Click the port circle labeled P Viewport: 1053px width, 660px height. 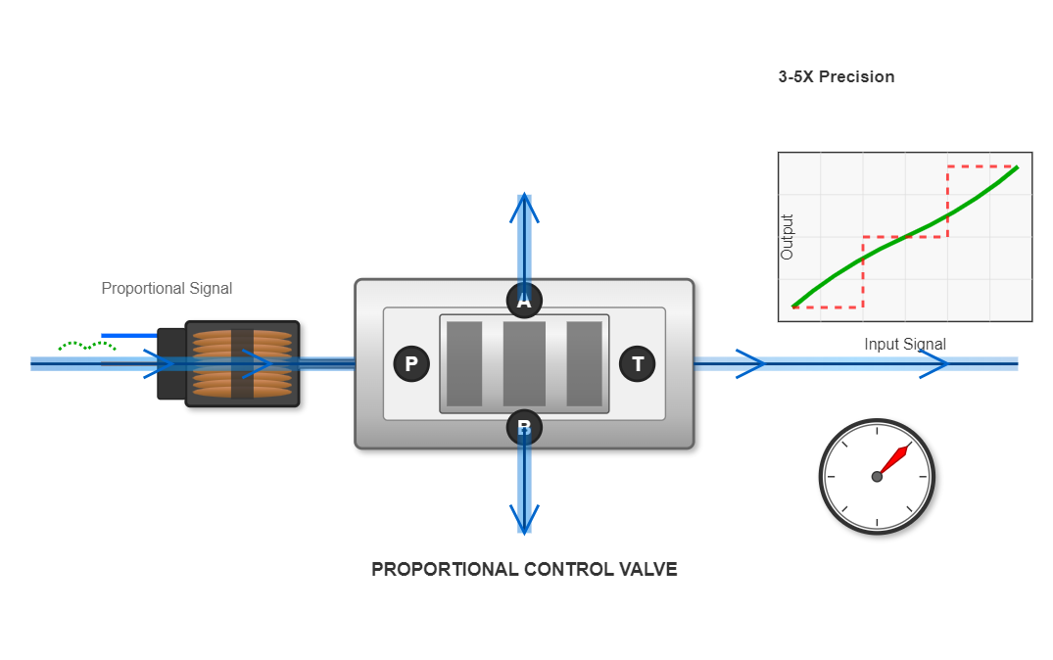point(411,364)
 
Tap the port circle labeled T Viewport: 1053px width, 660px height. point(638,364)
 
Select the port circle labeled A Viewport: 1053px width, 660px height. point(524,301)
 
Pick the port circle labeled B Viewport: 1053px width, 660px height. point(524,427)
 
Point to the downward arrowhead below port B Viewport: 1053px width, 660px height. point(524,519)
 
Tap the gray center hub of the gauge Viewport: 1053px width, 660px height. point(877,477)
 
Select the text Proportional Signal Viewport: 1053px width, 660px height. point(167,288)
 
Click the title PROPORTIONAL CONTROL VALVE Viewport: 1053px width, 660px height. point(524,569)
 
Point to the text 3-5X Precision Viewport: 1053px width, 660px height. point(836,76)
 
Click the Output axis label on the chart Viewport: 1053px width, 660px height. point(787,237)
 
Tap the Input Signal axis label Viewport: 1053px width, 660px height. point(904,344)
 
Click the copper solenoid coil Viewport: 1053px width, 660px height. point(242,363)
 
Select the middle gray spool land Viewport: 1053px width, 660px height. point(524,363)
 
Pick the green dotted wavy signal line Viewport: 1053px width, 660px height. point(87,345)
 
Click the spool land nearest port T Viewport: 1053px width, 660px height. point(584,363)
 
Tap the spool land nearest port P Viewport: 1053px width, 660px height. point(464,363)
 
